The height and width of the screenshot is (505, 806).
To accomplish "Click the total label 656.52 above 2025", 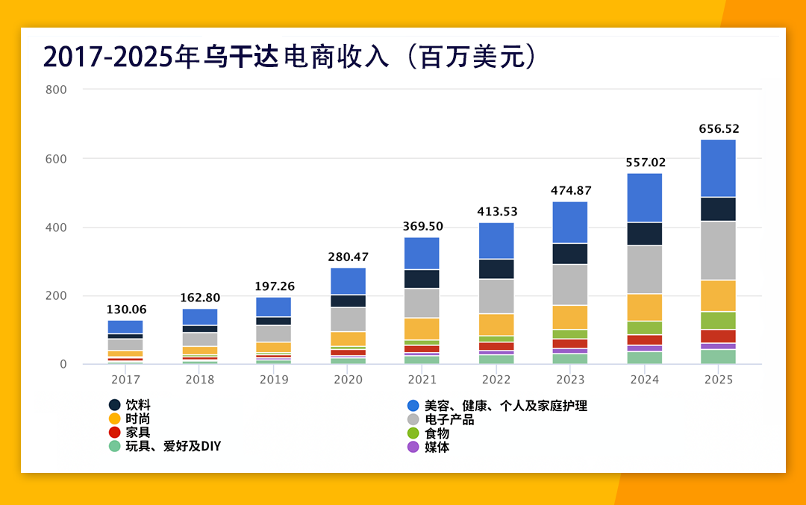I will pyautogui.click(x=719, y=129).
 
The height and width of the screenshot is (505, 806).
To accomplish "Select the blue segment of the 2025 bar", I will pyautogui.click(x=718, y=168).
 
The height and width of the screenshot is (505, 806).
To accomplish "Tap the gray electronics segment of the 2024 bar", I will pyautogui.click(x=644, y=269).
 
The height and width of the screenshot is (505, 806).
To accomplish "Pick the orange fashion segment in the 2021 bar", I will pyautogui.click(x=422, y=329).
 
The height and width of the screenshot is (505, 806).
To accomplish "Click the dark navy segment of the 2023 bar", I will pyautogui.click(x=569, y=254).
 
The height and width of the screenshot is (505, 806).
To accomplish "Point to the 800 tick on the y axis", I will pyautogui.click(x=57, y=90).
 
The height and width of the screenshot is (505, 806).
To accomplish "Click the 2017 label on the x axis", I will pyautogui.click(x=125, y=380).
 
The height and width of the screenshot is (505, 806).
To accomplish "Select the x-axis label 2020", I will pyautogui.click(x=348, y=380).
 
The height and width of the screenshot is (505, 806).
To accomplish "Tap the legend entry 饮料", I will pyautogui.click(x=137, y=406).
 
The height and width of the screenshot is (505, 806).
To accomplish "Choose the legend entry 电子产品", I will pyautogui.click(x=449, y=419).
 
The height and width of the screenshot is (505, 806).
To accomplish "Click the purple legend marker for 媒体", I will pyautogui.click(x=413, y=447).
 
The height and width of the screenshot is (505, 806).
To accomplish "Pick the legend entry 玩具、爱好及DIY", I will pyautogui.click(x=172, y=446).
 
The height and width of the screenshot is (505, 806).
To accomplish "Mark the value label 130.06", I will pyautogui.click(x=126, y=310).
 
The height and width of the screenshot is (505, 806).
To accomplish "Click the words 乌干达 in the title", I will pyautogui.click(x=241, y=57).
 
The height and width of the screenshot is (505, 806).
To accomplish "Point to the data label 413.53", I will pyautogui.click(x=497, y=212).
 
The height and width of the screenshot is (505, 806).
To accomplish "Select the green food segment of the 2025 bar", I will pyautogui.click(x=718, y=320).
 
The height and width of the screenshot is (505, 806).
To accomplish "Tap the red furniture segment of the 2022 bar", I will pyautogui.click(x=496, y=346).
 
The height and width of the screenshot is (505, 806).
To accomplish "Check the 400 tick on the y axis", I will pyautogui.click(x=57, y=228).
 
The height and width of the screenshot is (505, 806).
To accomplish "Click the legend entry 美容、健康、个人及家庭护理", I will pyautogui.click(x=505, y=406).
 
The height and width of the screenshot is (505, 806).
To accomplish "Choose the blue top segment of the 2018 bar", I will pyautogui.click(x=199, y=317).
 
